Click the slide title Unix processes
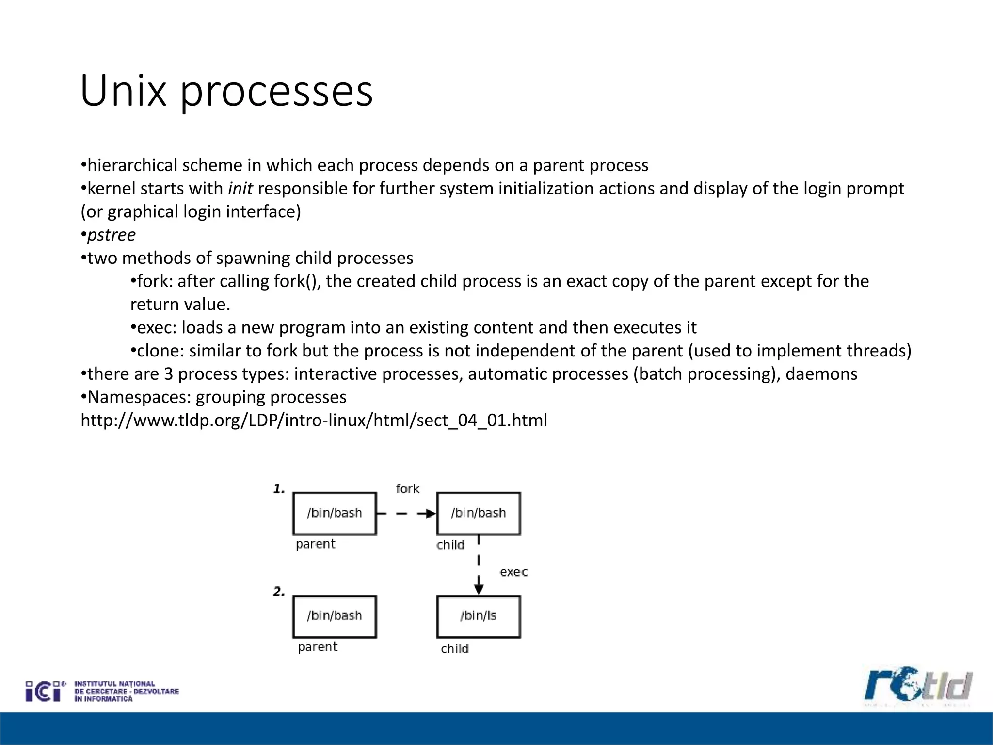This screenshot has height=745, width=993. [226, 91]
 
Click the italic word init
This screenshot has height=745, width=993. [240, 188]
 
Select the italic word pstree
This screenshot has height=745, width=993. [112, 235]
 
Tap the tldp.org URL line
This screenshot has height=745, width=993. [314, 420]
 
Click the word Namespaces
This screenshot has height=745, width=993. [139, 397]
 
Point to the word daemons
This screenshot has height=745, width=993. [821, 374]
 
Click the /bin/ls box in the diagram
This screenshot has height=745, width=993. [479, 616]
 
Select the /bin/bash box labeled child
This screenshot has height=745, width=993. [479, 514]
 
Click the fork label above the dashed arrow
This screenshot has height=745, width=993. [407, 489]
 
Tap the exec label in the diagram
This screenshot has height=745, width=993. [513, 572]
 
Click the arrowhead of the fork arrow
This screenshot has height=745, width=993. [431, 514]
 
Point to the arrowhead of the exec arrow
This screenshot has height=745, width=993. [479, 589]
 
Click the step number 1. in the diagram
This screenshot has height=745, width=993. [279, 489]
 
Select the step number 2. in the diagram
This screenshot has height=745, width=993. [279, 592]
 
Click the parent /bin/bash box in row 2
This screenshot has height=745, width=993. [335, 616]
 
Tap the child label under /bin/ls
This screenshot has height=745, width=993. [454, 649]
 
